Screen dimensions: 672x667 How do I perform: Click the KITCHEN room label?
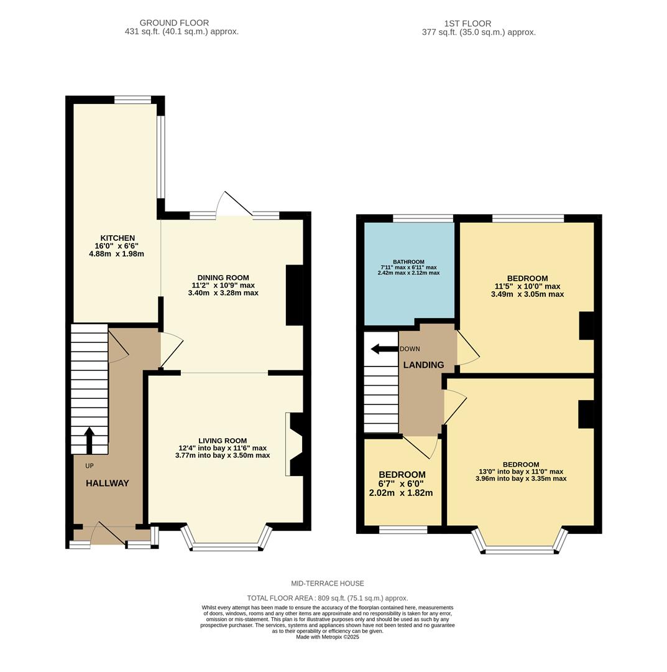click(x=117, y=238)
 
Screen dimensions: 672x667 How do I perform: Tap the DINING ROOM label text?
click(x=223, y=278)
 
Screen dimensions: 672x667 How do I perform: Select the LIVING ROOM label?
click(x=223, y=441)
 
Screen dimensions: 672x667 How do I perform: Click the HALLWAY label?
click(x=107, y=483)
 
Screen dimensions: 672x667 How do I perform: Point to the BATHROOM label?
click(x=408, y=262)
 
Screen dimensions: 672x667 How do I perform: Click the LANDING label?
click(x=423, y=365)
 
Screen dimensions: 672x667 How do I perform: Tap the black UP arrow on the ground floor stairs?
click(x=90, y=439)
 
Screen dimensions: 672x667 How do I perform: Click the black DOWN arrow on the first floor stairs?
click(x=384, y=349)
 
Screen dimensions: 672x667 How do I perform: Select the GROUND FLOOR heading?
click(x=174, y=23)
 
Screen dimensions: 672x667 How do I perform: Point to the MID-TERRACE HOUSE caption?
click(x=328, y=584)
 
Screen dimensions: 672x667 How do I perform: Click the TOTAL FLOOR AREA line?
click(x=328, y=598)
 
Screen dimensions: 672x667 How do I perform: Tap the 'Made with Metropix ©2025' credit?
click(x=328, y=637)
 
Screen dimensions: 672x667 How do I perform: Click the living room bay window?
click(x=226, y=546)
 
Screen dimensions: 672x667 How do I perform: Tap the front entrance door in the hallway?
click(x=108, y=536)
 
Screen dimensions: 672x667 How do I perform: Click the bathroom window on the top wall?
click(x=423, y=218)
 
